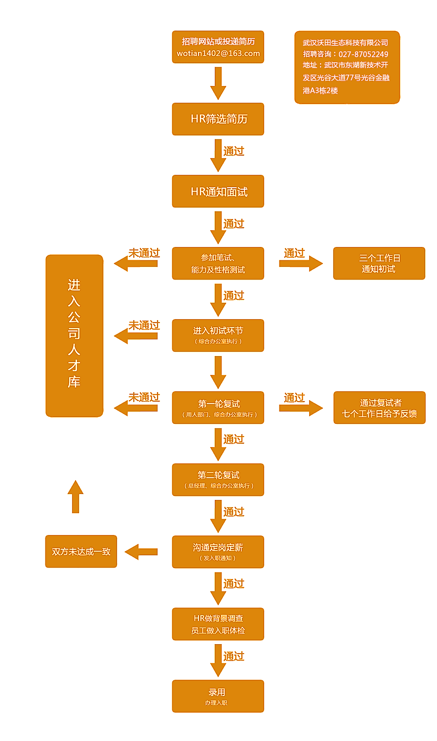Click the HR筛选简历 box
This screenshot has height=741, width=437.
[218, 119]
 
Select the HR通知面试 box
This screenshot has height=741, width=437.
[218, 191]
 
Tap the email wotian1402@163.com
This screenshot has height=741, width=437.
[218, 53]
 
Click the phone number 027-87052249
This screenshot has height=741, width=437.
[363, 54]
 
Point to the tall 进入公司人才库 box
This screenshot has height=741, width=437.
[75, 336]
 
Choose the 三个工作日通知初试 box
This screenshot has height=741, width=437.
[379, 263]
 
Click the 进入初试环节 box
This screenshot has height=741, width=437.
[218, 335]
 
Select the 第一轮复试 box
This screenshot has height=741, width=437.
[218, 408]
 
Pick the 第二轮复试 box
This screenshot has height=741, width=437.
[218, 480]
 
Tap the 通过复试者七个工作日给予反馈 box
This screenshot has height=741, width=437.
[379, 408]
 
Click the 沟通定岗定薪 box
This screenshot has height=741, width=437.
[218, 552]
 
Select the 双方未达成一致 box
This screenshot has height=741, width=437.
[81, 551]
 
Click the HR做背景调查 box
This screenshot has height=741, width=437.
[218, 624]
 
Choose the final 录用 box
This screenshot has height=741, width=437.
[218, 696]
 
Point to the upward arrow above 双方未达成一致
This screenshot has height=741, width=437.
[76, 496]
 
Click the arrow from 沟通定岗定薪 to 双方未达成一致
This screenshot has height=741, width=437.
[141, 552]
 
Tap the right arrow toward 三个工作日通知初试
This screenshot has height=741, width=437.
[301, 263]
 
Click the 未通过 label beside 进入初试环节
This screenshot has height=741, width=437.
[144, 325]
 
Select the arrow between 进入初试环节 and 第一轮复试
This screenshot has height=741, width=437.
[218, 371]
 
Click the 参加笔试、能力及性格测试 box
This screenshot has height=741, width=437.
[218, 263]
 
